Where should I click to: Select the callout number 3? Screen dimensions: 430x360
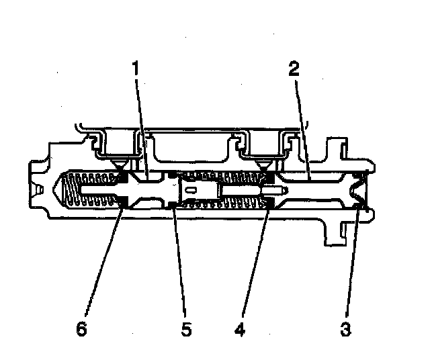coord(345,330)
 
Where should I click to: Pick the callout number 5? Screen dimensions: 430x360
coord(187,330)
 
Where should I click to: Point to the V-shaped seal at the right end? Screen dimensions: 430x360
coord(359,191)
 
